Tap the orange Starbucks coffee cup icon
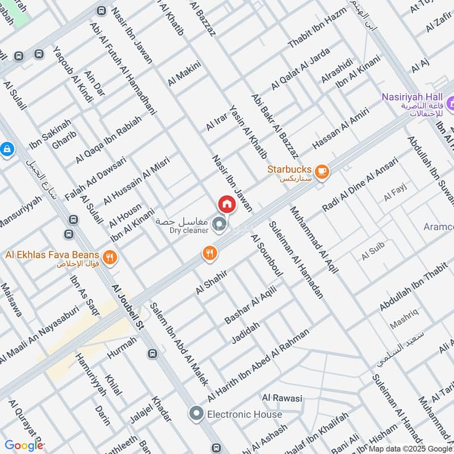point(322,171)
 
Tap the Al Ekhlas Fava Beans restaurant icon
point(110,257)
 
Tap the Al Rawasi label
point(281,398)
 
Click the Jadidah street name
point(245,333)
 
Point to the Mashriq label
point(404,325)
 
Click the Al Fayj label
point(395,196)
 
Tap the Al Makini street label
point(184,74)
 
